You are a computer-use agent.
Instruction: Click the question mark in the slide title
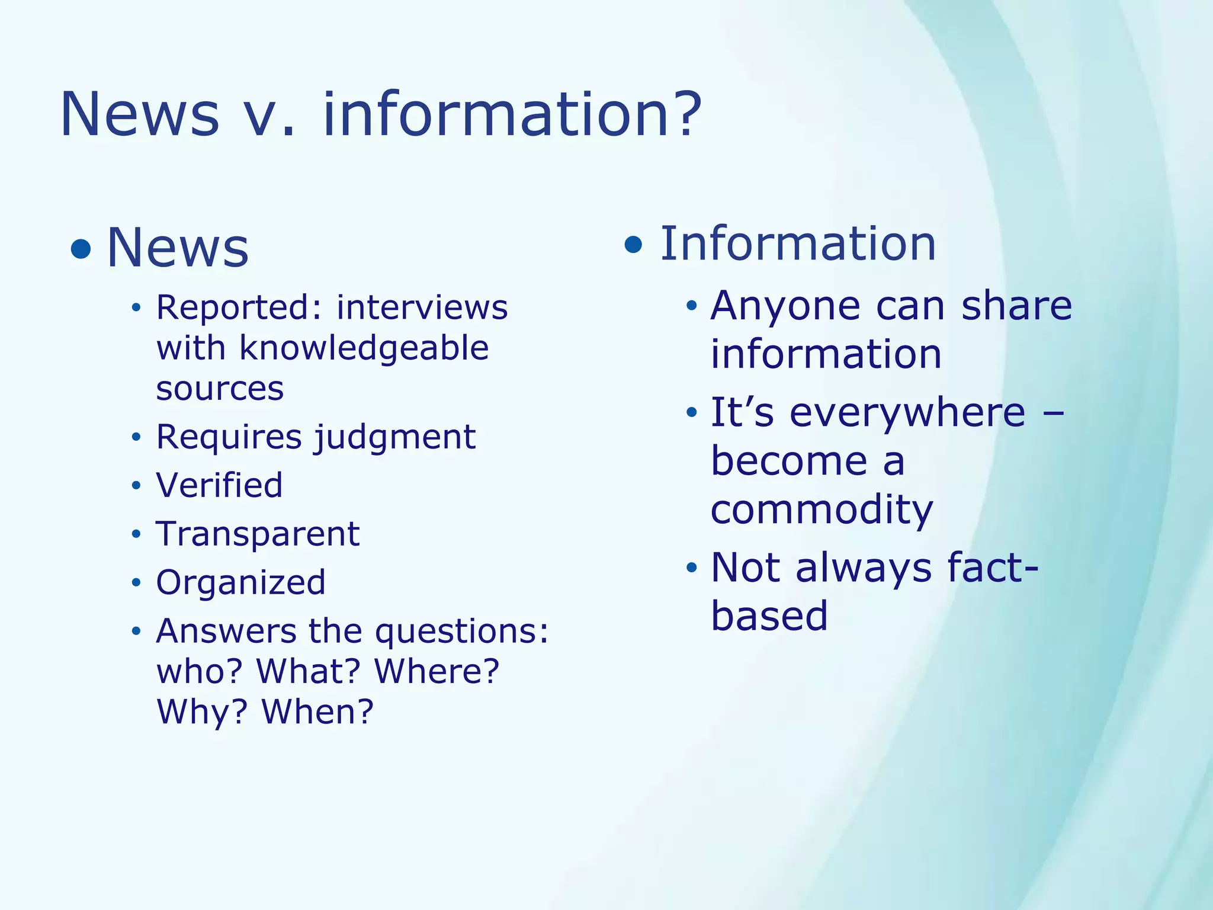(x=686, y=113)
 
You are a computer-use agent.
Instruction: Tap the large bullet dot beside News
(x=81, y=249)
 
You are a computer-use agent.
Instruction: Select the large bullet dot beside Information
(x=633, y=244)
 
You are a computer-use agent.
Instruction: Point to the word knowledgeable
(x=364, y=348)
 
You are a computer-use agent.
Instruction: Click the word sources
(x=220, y=389)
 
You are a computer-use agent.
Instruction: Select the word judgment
(x=394, y=438)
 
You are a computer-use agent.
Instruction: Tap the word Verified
(x=219, y=485)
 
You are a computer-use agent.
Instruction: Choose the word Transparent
(x=258, y=534)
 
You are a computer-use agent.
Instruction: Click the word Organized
(x=240, y=582)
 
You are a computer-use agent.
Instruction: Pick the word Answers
(x=226, y=631)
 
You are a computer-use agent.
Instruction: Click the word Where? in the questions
(x=437, y=671)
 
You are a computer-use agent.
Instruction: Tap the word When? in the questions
(x=317, y=712)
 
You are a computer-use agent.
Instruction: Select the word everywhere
(x=907, y=412)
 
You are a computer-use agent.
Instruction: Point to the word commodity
(x=821, y=511)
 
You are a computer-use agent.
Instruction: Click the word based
(x=769, y=616)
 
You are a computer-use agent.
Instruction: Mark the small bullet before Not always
(x=691, y=568)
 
